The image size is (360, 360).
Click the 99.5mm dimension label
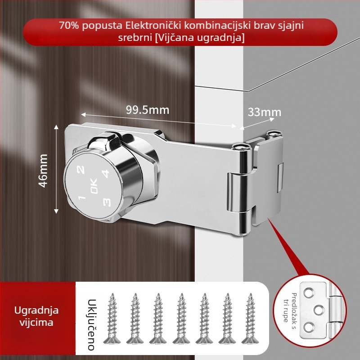(x=148, y=110)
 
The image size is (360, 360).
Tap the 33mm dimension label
(x=265, y=112)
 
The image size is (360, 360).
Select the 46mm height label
(x=43, y=171)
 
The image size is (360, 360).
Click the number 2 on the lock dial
(x=81, y=170)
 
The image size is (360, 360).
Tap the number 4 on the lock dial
(x=105, y=174)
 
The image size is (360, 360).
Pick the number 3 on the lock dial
(x=107, y=202)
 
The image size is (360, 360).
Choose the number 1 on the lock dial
(x=82, y=197)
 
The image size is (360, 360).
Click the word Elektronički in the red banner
(x=153, y=25)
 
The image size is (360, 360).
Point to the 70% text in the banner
(x=69, y=25)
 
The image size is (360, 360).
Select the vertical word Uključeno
(x=91, y=324)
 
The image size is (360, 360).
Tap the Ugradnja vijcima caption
(x=36, y=316)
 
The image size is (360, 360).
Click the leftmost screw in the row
(x=112, y=319)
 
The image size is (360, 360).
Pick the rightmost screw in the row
(x=250, y=319)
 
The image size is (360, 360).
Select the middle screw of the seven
(x=181, y=319)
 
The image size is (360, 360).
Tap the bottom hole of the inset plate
(x=309, y=327)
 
